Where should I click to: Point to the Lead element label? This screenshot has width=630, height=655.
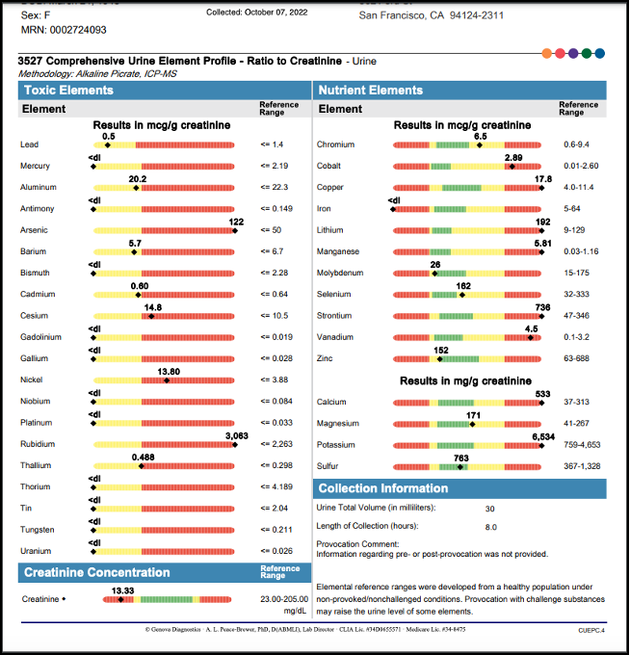coord(29,144)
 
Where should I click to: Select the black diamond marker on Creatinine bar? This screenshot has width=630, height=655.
coord(120,599)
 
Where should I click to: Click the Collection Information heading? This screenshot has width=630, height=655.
coord(382,488)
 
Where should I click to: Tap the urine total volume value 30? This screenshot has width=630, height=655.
coord(490,508)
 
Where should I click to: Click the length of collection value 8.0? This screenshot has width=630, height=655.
coord(490,526)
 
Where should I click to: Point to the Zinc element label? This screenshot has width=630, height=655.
coord(325,358)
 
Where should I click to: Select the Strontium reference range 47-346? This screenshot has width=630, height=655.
coord(578,316)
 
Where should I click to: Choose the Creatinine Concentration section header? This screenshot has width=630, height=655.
coord(95,572)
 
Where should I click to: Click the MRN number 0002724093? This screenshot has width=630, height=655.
coord(77,30)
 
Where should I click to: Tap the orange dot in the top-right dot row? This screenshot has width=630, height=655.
coord(547,53)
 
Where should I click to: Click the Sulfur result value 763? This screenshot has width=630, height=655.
coord(461,458)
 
